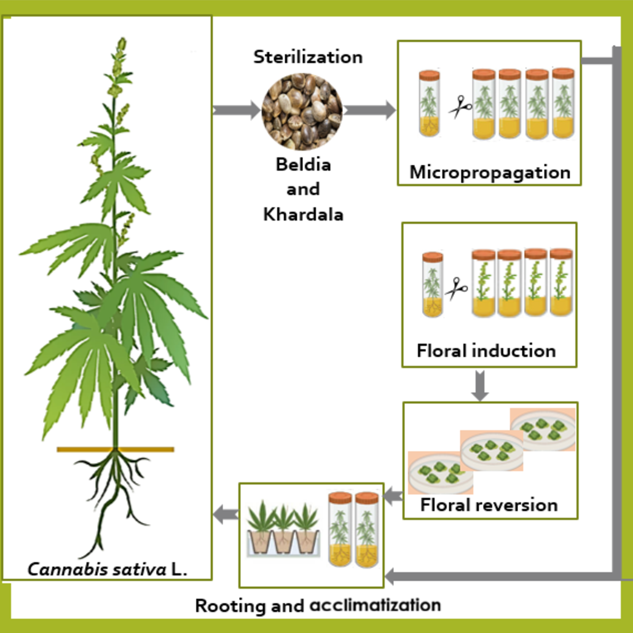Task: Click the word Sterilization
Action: point(308,57)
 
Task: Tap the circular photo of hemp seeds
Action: point(302,111)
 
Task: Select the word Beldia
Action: point(303,165)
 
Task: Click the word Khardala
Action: point(303,214)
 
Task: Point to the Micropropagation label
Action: point(490,171)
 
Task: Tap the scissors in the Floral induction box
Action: point(455,287)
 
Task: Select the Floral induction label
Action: point(486,351)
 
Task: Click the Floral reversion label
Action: point(489,505)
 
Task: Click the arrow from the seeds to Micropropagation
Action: point(369,111)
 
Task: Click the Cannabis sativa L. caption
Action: point(108,568)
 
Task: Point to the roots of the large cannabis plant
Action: point(117,486)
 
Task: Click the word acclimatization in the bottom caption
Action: point(375,605)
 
